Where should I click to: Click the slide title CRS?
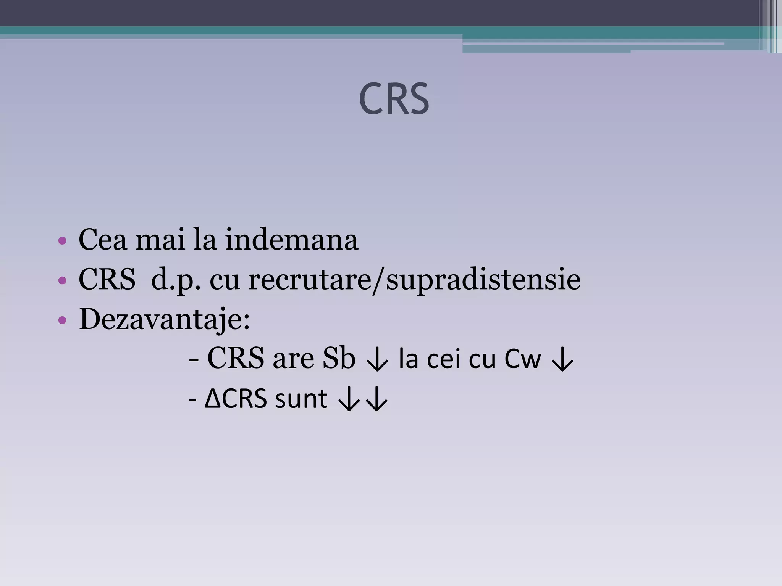click(x=394, y=100)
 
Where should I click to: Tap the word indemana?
click(x=291, y=240)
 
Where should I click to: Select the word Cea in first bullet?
click(x=102, y=240)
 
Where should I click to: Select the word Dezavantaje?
click(x=164, y=320)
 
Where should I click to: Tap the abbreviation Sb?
click(x=339, y=359)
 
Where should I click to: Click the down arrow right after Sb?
click(x=377, y=360)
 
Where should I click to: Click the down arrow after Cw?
click(x=562, y=360)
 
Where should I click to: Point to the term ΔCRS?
click(x=236, y=399)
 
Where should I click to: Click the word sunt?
click(x=301, y=399)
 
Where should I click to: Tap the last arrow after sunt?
click(x=377, y=400)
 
